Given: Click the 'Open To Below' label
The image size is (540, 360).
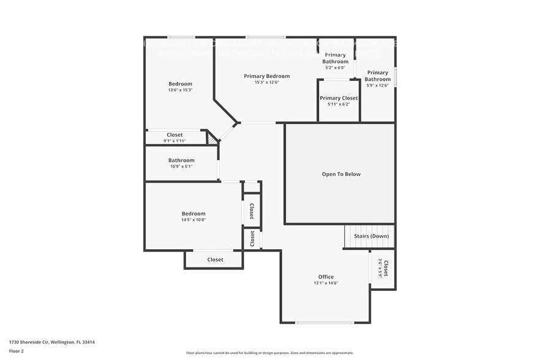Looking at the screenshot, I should [341, 174].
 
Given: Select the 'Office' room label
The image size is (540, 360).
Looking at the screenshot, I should [326, 277].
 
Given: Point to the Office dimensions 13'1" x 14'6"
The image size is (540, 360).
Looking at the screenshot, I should [326, 283].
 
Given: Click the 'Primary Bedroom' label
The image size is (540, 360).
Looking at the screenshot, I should [266, 76].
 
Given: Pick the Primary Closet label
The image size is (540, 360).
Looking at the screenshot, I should [339, 98].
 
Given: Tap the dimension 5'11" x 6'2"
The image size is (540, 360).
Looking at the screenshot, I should [339, 104].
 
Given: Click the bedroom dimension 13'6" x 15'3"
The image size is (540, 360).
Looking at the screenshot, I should [180, 90].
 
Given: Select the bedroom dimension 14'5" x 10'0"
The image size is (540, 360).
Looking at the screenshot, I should [193, 220].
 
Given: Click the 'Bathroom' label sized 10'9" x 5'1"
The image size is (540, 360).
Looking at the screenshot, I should [181, 160].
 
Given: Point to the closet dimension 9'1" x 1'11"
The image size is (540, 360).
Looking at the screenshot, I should [175, 141].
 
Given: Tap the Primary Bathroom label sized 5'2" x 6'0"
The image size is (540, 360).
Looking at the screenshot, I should [336, 58].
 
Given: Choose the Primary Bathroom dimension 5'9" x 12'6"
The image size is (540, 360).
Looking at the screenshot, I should [377, 85].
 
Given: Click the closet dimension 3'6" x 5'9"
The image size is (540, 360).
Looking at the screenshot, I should [380, 268].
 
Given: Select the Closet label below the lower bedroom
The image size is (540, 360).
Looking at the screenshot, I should [215, 260].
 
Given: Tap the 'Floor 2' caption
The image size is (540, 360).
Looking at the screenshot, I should [17, 351].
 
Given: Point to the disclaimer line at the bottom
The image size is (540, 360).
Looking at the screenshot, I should [269, 353].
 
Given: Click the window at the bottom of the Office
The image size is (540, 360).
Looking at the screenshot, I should [324, 323].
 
